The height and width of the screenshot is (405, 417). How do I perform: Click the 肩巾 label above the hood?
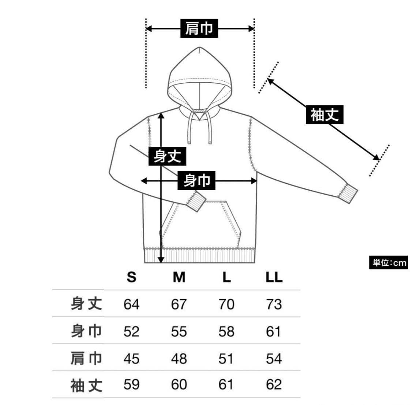click(199, 28)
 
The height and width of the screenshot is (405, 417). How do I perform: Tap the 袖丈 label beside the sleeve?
click(324, 115)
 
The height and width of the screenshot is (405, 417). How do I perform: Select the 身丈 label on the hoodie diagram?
click(167, 156)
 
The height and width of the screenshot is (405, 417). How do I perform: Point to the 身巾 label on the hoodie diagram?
click(196, 181)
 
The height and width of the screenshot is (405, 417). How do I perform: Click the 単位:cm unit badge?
click(388, 262)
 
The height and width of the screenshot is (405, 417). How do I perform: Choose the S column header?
click(131, 277)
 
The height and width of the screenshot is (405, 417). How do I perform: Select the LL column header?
click(274, 277)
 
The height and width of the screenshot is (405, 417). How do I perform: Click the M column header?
click(179, 277)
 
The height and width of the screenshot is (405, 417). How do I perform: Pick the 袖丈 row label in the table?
click(86, 385)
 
